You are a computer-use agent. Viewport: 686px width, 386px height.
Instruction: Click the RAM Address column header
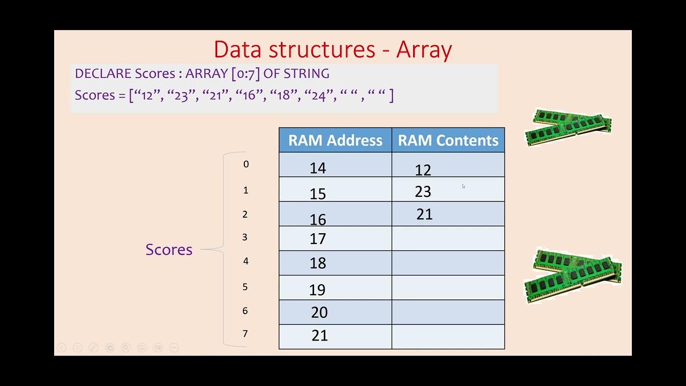pyautogui.click(x=335, y=140)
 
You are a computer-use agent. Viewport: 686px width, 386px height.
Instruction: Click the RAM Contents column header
pyautogui.click(x=448, y=140)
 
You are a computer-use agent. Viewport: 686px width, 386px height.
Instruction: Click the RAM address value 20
pyautogui.click(x=319, y=313)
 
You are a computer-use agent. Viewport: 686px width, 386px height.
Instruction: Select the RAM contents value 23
pyautogui.click(x=423, y=191)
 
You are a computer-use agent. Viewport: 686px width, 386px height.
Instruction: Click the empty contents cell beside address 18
pyautogui.click(x=448, y=263)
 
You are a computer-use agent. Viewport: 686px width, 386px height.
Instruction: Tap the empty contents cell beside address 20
pyautogui.click(x=448, y=312)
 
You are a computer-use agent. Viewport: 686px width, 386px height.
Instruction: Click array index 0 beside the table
pyautogui.click(x=246, y=165)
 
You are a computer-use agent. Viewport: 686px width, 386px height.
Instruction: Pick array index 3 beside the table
pyautogui.click(x=245, y=237)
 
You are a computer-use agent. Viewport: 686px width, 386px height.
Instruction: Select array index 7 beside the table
pyautogui.click(x=245, y=334)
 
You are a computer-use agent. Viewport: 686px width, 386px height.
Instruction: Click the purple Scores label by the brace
pyautogui.click(x=169, y=249)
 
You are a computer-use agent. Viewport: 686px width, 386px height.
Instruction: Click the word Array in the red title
pyautogui.click(x=424, y=49)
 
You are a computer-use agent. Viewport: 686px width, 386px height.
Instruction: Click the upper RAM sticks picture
pyautogui.click(x=568, y=127)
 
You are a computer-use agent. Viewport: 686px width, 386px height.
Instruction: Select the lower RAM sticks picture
pyautogui.click(x=572, y=274)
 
